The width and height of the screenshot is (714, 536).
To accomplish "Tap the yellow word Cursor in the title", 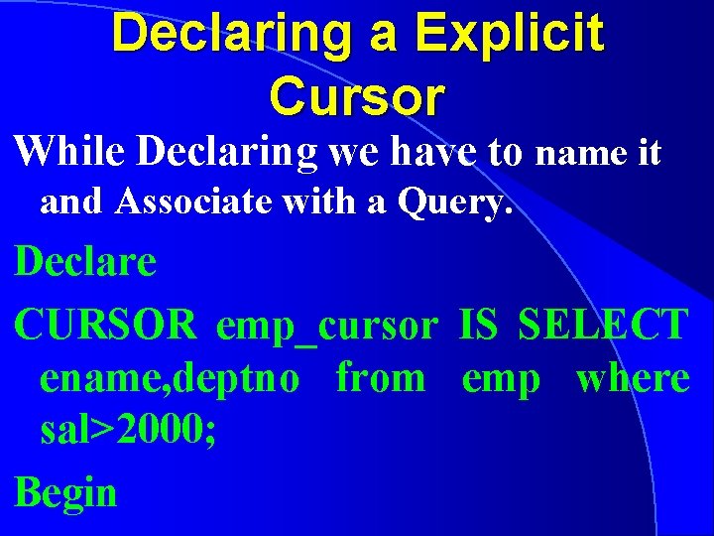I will click(x=356, y=95).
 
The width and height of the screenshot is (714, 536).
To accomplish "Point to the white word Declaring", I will click(x=227, y=153).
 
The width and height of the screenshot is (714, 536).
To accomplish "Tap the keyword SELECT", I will click(x=603, y=325).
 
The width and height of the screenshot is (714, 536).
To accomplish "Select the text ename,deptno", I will click(x=170, y=379).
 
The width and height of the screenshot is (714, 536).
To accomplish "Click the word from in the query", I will click(x=381, y=378).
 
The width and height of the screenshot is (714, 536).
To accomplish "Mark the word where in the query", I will click(x=633, y=378).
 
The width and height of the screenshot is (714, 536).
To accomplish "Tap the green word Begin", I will click(x=66, y=492).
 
